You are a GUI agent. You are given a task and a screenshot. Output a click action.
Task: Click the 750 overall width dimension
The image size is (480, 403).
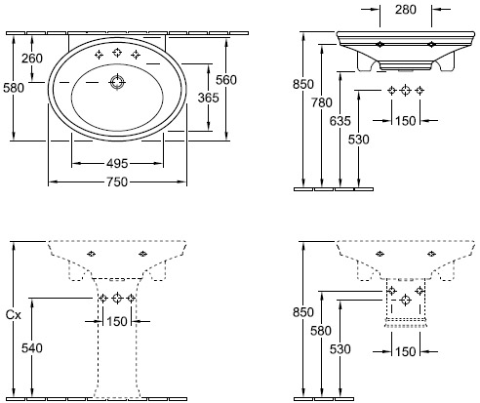pos(117,181)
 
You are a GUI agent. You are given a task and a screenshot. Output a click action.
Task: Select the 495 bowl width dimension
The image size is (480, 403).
pos(117,163)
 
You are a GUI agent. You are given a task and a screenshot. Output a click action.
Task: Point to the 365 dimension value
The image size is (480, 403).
pos(209,98)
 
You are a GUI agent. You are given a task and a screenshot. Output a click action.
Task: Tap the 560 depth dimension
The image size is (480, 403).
pos(226,80)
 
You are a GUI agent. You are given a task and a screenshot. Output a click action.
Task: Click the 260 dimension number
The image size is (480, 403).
pos(32,59)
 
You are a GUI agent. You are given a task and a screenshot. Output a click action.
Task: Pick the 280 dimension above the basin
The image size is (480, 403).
pos(406,10)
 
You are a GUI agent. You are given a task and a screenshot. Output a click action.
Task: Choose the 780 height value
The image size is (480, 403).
pos(322,102)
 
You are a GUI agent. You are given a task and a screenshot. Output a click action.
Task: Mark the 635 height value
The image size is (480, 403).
pos(340,121)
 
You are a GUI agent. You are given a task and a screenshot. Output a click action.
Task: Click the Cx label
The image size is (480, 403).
pos(14,315)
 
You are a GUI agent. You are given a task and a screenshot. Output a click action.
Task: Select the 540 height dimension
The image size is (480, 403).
pos(32,348)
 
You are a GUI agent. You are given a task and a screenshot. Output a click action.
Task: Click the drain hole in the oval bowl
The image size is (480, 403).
pos(117,82)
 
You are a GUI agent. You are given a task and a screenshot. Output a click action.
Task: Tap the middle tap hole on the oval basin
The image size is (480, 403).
pos(117,53)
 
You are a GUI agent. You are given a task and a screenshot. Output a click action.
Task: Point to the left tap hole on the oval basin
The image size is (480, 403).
pos(99,55)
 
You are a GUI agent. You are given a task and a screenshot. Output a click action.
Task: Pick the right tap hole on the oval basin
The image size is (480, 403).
pos(136,55)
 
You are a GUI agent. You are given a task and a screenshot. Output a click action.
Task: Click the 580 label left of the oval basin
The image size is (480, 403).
pos(14,88)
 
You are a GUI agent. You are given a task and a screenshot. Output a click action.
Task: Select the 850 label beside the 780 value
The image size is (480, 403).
pos(303,84)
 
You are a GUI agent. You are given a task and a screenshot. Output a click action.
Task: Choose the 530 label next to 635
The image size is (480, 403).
pos(359,140)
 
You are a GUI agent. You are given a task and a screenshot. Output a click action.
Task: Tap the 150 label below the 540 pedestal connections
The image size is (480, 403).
pos(117,322)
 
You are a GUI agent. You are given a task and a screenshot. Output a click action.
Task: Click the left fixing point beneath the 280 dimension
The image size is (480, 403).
pos(380,44)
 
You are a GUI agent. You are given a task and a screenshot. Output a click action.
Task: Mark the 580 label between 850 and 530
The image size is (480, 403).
pos(321,331)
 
